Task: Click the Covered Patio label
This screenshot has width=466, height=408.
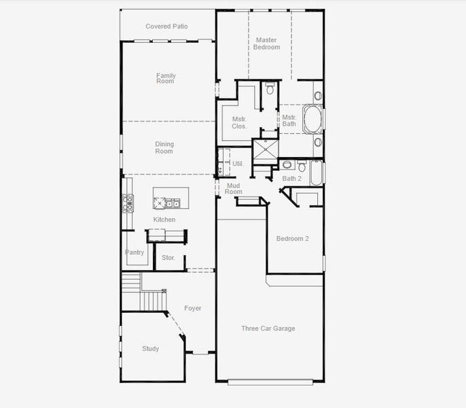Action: (x=166, y=27)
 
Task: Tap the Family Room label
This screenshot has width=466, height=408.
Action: (x=166, y=78)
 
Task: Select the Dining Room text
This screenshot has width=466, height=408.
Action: (x=164, y=148)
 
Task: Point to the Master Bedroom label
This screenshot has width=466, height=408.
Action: (x=266, y=44)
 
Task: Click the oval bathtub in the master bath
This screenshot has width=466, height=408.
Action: (x=312, y=119)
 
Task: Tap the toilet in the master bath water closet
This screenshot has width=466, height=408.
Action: (x=270, y=88)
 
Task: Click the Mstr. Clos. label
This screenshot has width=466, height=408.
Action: (x=238, y=122)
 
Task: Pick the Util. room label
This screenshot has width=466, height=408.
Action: (x=238, y=164)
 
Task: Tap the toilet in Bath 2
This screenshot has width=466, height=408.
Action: (x=302, y=165)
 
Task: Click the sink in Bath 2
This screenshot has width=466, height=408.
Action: (x=287, y=165)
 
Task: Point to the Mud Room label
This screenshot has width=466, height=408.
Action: (x=233, y=188)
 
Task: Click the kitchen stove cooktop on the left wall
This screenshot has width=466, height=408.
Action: (x=128, y=202)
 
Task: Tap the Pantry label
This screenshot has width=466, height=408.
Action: (x=135, y=252)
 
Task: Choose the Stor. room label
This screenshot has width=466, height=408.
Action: (x=168, y=258)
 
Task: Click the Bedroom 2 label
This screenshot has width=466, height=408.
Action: (x=293, y=239)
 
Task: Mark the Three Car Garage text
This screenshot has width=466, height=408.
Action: (x=268, y=328)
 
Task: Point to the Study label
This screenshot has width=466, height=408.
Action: (x=150, y=349)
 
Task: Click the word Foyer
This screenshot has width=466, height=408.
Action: (x=193, y=308)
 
